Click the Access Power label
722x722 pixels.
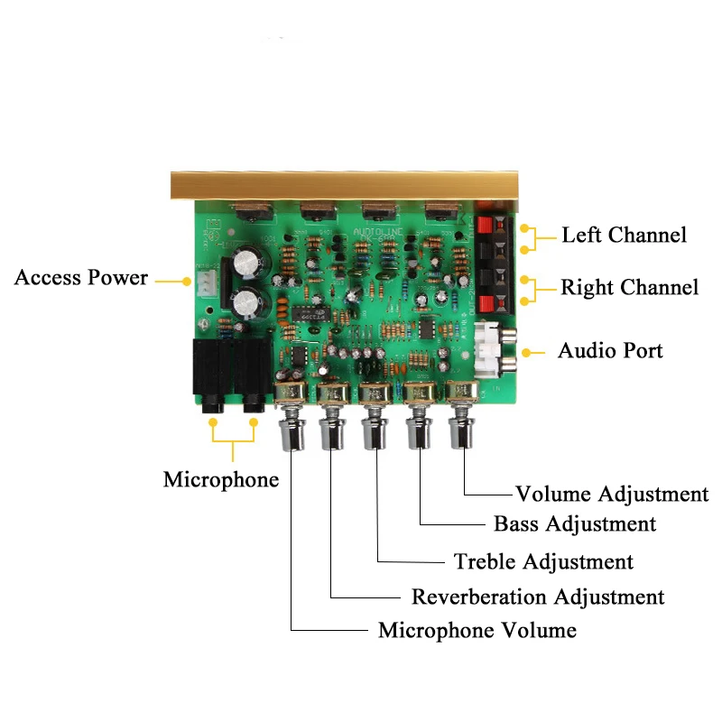80,277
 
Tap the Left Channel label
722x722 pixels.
624,236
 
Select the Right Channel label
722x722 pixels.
629,288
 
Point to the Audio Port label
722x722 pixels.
610,350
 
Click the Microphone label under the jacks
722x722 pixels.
221,479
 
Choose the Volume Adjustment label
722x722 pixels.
612,494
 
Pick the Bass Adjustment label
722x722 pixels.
575,523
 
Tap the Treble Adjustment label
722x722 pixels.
543,561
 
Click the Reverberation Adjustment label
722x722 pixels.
538,597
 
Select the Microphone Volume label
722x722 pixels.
477,629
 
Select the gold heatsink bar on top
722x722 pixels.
352,185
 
